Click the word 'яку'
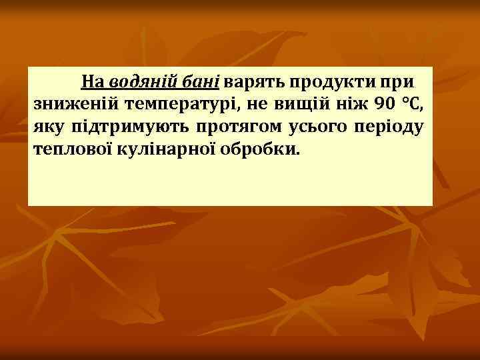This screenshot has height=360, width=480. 47,126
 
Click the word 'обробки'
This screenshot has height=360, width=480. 257,147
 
